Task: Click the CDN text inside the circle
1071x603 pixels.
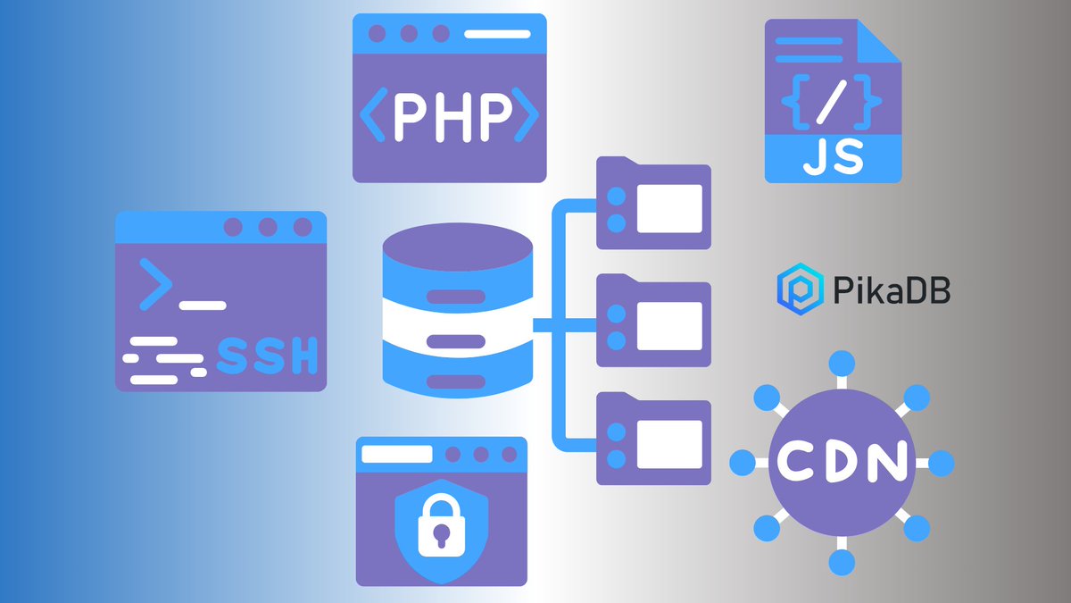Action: [842, 462]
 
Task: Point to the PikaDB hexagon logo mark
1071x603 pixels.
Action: [794, 289]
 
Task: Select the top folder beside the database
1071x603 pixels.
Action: [653, 204]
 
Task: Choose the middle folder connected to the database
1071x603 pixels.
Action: [653, 321]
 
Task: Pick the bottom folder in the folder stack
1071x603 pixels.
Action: [653, 438]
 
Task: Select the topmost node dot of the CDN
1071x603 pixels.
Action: [842, 364]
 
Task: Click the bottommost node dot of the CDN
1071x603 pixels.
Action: [842, 563]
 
